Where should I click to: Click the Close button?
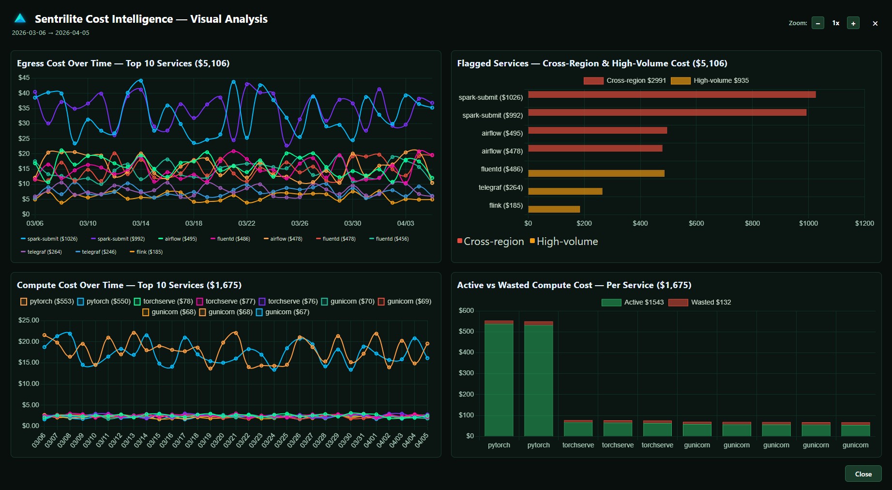[863, 474]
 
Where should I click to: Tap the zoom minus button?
[818, 23]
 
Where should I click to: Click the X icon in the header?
[875, 23]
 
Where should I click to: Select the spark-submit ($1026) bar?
[671, 94]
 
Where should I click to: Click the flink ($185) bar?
[554, 209]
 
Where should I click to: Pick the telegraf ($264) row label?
[500, 187]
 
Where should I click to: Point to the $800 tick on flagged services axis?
[752, 223]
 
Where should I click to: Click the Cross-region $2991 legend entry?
[625, 80]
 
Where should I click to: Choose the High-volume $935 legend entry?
[710, 80]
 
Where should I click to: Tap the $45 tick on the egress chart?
[24, 77]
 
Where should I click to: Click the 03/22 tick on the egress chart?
[247, 223]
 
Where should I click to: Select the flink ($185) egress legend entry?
[146, 252]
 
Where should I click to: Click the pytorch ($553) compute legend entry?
[47, 301]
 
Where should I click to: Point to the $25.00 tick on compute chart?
[29, 320]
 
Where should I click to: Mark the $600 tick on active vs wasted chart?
[466, 310]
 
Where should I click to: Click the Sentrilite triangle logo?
[20, 18]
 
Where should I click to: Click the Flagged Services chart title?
[592, 63]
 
